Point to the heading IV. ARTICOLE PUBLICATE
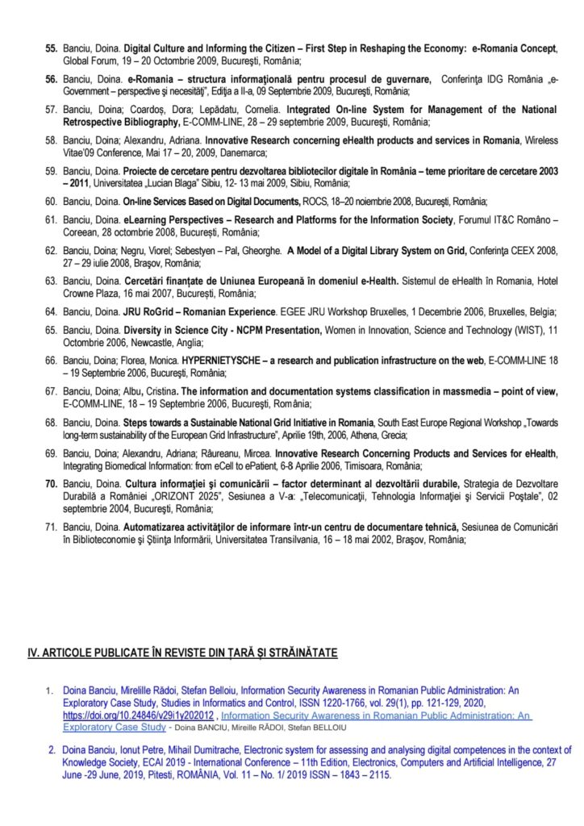tap(182, 652)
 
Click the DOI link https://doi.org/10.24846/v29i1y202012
tap(138, 715)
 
